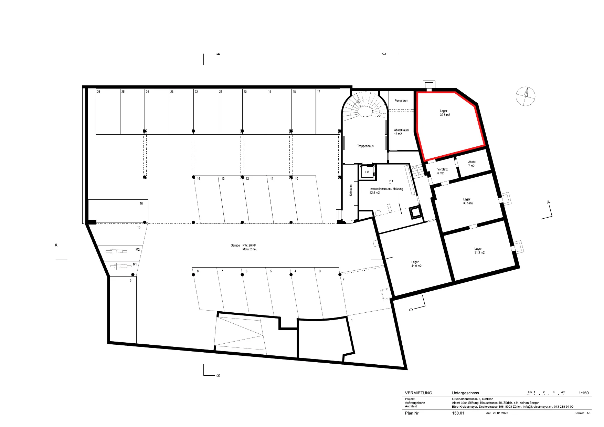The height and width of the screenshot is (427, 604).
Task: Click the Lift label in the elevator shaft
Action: [x=367, y=172]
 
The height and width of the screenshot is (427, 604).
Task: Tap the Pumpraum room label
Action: [x=401, y=101]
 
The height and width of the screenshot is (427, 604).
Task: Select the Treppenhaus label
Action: [x=365, y=146]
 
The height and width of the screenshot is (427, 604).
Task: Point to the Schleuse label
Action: [x=351, y=190]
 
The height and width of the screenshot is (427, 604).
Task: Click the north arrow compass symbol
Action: [x=526, y=96]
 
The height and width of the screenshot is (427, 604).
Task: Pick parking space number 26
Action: [x=98, y=92]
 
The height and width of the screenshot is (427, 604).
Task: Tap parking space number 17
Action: [x=319, y=92]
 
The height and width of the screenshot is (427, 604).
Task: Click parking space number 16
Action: [x=141, y=204]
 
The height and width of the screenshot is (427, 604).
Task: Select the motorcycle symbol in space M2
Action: [x=116, y=251]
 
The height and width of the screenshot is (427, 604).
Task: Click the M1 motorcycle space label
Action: [x=135, y=264]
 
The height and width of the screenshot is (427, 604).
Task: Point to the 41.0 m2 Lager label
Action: [x=416, y=264]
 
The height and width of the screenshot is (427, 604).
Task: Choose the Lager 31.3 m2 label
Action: [x=479, y=251]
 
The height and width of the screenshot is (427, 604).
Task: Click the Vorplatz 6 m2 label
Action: [x=442, y=171]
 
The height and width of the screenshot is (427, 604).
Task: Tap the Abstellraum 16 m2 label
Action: [x=401, y=132]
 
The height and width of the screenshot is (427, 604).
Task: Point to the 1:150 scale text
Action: [x=584, y=393]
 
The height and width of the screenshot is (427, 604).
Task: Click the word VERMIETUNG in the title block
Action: [x=418, y=393]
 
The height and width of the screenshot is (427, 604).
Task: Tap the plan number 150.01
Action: [x=458, y=413]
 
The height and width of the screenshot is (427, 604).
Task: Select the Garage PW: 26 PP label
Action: [x=243, y=246]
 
